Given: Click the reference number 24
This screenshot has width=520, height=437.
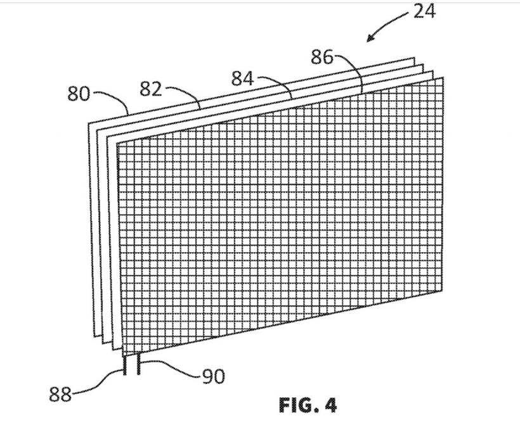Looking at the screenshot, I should (424, 11).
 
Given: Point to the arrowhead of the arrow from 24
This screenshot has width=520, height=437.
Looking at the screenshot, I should (368, 41).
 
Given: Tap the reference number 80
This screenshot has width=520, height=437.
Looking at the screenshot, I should (79, 94).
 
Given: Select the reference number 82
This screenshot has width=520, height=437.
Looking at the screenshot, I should (150, 89).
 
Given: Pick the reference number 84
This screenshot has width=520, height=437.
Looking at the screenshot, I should (242, 79).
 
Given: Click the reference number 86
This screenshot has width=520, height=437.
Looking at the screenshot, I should (322, 58).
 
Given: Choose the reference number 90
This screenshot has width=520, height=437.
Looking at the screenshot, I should (214, 377).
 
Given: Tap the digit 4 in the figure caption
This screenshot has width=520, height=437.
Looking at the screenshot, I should (330, 405).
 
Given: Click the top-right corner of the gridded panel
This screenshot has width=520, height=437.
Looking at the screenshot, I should (443, 77).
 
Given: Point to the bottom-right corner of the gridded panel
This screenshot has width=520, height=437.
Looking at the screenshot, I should (442, 291).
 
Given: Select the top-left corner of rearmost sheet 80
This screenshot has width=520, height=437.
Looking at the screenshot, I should (89, 123).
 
